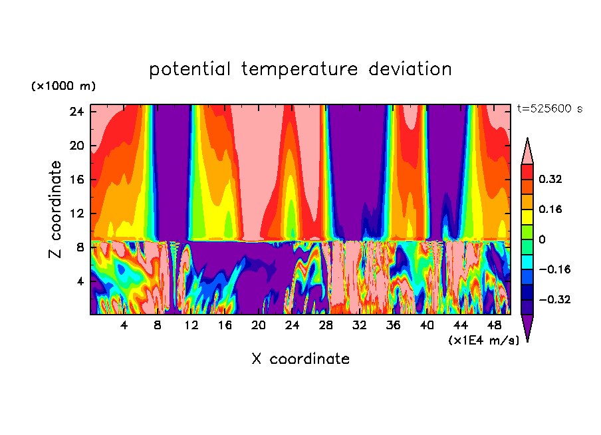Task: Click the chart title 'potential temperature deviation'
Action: coord(300,69)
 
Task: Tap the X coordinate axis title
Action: coord(300,359)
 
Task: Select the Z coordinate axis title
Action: coord(56,210)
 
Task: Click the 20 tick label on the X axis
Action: coord(259,326)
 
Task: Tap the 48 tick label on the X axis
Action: coord(495,326)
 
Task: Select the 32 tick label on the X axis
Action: coord(360,326)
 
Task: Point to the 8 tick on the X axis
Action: coord(158,326)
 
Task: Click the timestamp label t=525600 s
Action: coord(549,109)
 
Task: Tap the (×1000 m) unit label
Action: coord(63,86)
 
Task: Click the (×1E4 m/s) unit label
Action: coord(484,341)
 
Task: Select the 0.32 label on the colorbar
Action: coord(551,179)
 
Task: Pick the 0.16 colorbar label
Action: coord(551,209)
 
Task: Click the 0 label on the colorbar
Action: coord(542,239)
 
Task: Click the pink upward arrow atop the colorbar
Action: coord(527,152)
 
